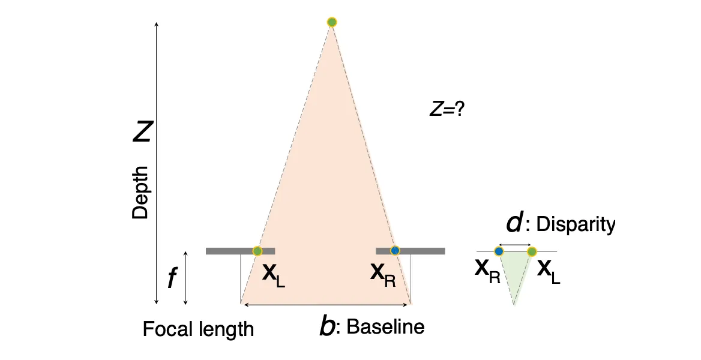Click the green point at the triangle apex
(x=332, y=22)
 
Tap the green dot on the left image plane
(x=257, y=251)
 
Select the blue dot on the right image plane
(x=395, y=250)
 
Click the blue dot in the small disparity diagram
(x=499, y=251)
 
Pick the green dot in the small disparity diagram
(x=532, y=251)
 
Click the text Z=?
(x=447, y=109)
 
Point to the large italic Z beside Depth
(x=142, y=131)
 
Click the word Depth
(x=140, y=192)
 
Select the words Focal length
(x=198, y=329)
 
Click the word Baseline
(x=385, y=327)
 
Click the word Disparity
(x=576, y=224)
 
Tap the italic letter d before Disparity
(x=514, y=223)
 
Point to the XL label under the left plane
(x=274, y=275)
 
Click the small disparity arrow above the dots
(x=515, y=244)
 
